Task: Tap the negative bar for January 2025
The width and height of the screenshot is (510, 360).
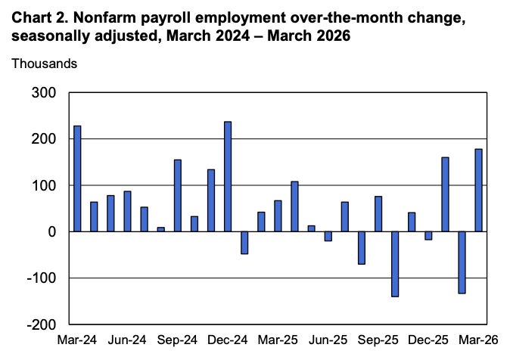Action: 244,242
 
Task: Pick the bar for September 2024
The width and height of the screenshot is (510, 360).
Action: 178,195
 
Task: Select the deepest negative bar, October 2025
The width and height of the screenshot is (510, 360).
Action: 395,264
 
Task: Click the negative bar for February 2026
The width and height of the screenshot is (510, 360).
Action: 462,262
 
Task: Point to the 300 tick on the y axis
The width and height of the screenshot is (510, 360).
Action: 43,93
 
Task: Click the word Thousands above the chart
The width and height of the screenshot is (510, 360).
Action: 44,64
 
